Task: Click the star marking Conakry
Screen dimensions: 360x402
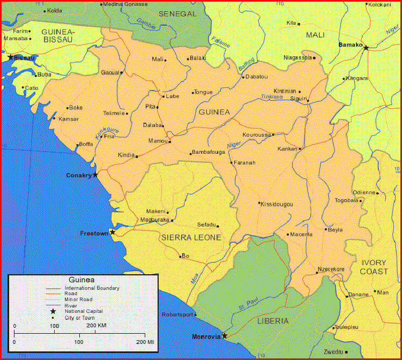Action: click(95, 175)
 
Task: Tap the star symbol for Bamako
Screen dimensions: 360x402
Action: click(366, 48)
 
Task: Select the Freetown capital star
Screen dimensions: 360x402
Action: click(113, 232)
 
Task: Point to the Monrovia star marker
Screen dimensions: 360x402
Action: click(225, 336)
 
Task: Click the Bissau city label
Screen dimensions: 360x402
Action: click(25, 57)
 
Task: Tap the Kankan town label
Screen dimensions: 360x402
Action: click(287, 148)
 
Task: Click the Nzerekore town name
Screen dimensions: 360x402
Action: click(331, 269)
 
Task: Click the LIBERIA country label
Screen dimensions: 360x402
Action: click(273, 321)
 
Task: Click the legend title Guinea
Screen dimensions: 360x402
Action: click(81, 280)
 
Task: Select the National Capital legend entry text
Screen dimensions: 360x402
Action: click(84, 311)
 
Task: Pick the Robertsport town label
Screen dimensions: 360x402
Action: click(176, 314)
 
